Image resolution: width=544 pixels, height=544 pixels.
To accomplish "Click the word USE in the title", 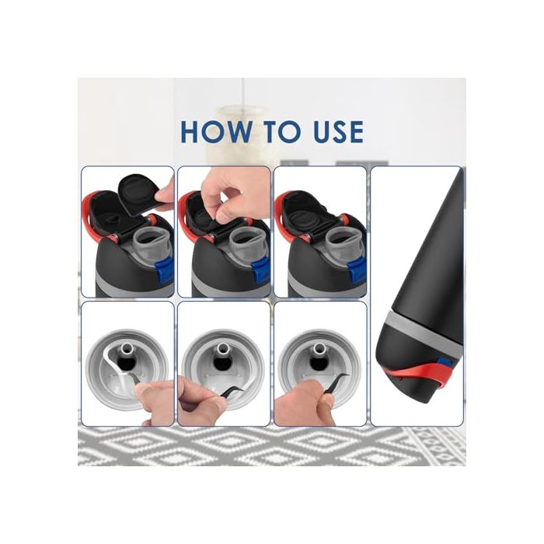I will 333,131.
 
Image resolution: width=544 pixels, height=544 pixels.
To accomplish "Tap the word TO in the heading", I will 277,131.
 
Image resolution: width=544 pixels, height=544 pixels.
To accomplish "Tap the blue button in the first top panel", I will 163,270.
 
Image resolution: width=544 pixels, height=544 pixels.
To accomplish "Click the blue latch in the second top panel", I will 260,270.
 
